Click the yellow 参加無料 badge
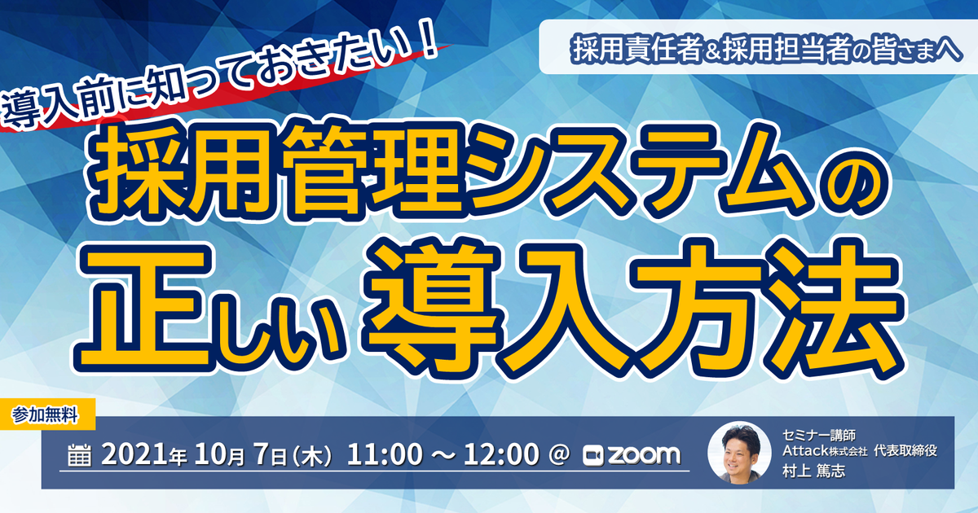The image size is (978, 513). click(x=47, y=414)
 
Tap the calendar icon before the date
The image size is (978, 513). click(x=80, y=455)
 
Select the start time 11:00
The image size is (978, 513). click(x=385, y=454)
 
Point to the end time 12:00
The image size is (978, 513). click(x=501, y=454)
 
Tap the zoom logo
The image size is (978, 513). click(x=632, y=455)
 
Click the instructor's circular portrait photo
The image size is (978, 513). click(x=740, y=453)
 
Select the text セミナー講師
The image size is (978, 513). click(x=819, y=435)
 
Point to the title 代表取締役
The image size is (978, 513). click(x=905, y=450)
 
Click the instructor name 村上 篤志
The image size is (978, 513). click(x=814, y=471)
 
